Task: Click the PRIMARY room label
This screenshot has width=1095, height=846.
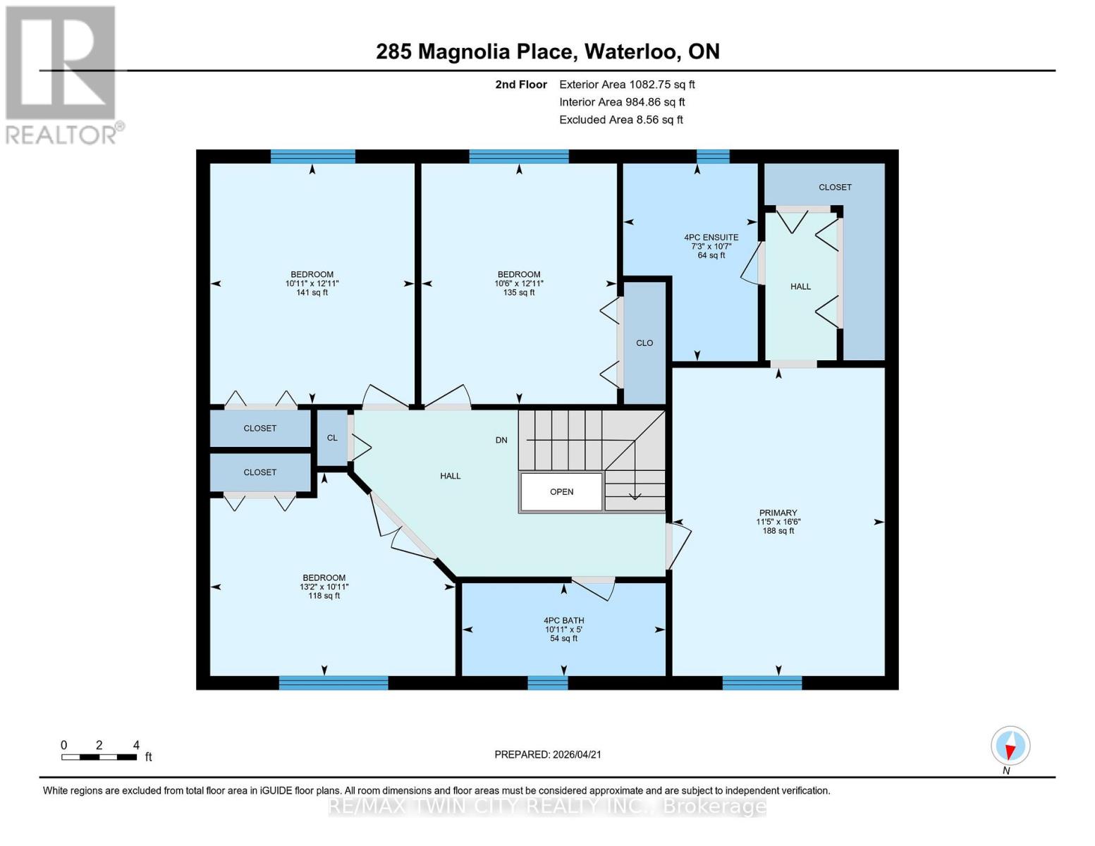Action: [x=778, y=522]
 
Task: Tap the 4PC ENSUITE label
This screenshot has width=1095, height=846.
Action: [x=711, y=246]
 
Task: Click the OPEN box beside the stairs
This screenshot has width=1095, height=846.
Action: [x=561, y=491]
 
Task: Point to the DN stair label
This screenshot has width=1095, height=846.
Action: [x=501, y=440]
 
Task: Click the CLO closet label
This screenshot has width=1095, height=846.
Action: [x=644, y=343]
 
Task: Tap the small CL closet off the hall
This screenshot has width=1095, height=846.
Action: [x=332, y=438]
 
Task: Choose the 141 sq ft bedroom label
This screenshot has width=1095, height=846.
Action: [x=312, y=283]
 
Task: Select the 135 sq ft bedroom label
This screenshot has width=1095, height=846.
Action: [x=519, y=283]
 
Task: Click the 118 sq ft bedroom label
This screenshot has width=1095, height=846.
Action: [x=324, y=587]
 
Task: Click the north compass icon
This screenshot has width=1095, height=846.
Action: [x=1010, y=746]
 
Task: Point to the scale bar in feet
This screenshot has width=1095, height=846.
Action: [x=99, y=756]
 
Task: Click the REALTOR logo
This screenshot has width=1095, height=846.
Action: [x=62, y=74]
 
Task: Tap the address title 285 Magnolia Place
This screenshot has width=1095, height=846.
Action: [x=547, y=51]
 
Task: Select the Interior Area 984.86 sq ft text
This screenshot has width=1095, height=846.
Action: [x=622, y=102]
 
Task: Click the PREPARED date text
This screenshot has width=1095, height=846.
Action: [x=548, y=754]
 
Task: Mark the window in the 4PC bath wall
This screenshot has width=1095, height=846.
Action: [x=548, y=682]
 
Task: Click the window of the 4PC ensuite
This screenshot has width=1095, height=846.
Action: [x=713, y=157]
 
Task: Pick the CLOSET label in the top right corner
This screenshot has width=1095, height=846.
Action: [x=835, y=187]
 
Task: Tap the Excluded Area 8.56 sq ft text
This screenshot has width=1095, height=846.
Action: [x=620, y=120]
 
